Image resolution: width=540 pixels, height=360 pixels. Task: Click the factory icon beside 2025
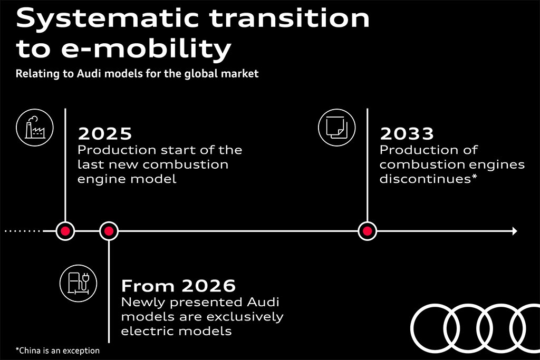point(35,128)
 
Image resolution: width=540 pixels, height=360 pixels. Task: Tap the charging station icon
point(78,283)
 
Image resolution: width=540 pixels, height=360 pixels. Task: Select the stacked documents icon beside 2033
point(337,128)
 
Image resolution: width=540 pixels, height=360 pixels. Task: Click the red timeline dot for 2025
point(65,231)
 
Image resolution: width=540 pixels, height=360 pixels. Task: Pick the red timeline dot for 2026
point(109,231)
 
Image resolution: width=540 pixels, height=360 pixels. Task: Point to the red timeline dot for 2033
point(368,231)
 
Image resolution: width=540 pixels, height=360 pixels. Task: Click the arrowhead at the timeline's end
point(515,231)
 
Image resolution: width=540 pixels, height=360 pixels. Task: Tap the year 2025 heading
point(105,133)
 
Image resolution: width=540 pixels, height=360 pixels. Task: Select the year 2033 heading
point(407,133)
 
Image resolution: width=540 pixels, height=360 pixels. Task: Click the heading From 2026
point(178,286)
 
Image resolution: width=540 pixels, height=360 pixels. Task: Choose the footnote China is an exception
point(57,351)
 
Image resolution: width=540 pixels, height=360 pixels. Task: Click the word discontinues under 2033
point(426,179)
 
